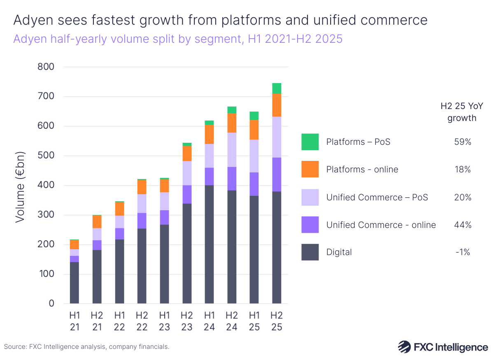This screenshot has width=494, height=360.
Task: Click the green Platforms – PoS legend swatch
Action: click(310, 142)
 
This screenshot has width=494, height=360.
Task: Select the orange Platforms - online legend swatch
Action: click(310, 170)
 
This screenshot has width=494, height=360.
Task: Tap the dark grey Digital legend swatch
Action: click(310, 252)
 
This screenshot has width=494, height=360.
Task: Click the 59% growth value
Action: click(463, 142)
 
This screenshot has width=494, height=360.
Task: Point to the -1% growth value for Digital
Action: click(463, 252)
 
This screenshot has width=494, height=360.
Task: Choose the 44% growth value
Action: click(463, 225)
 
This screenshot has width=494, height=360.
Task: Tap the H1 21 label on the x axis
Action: click(74, 321)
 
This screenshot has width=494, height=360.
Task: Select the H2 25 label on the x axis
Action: click(276, 321)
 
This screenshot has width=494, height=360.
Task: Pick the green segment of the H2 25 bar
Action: click(276, 88)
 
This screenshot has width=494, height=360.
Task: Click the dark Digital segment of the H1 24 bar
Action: click(209, 244)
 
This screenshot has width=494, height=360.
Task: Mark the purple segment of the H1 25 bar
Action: click(254, 184)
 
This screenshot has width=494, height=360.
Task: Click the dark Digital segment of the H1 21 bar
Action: click(74, 283)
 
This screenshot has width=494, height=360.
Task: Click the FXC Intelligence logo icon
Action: click(404, 347)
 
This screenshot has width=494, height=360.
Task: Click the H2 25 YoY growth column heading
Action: click(456, 112)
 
